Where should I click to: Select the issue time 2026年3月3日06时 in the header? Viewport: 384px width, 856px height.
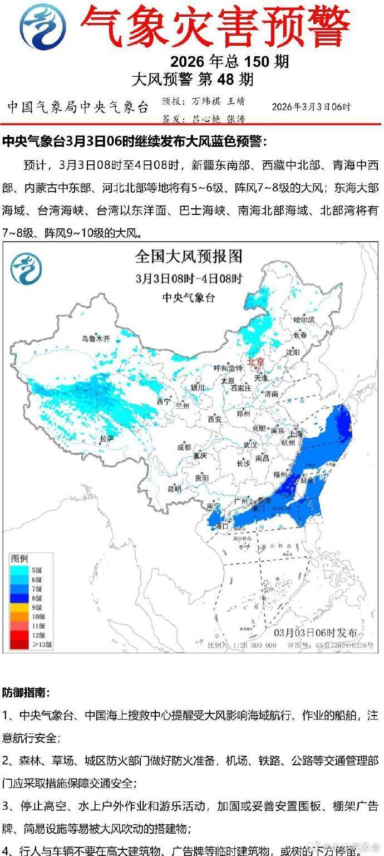(x=311, y=107)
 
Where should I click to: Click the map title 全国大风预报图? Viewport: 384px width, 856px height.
(x=189, y=257)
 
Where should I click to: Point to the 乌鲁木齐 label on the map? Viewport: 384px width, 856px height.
(x=96, y=338)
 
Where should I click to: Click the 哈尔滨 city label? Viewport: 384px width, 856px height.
(x=304, y=320)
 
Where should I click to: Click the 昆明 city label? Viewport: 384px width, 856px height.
(x=174, y=489)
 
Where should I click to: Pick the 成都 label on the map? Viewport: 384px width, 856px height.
(x=184, y=447)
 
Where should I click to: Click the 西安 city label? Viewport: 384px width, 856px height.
(x=215, y=418)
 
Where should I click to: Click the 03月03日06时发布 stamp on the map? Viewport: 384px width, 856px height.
(x=316, y=633)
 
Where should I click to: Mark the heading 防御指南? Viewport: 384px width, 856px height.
(x=26, y=693)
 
